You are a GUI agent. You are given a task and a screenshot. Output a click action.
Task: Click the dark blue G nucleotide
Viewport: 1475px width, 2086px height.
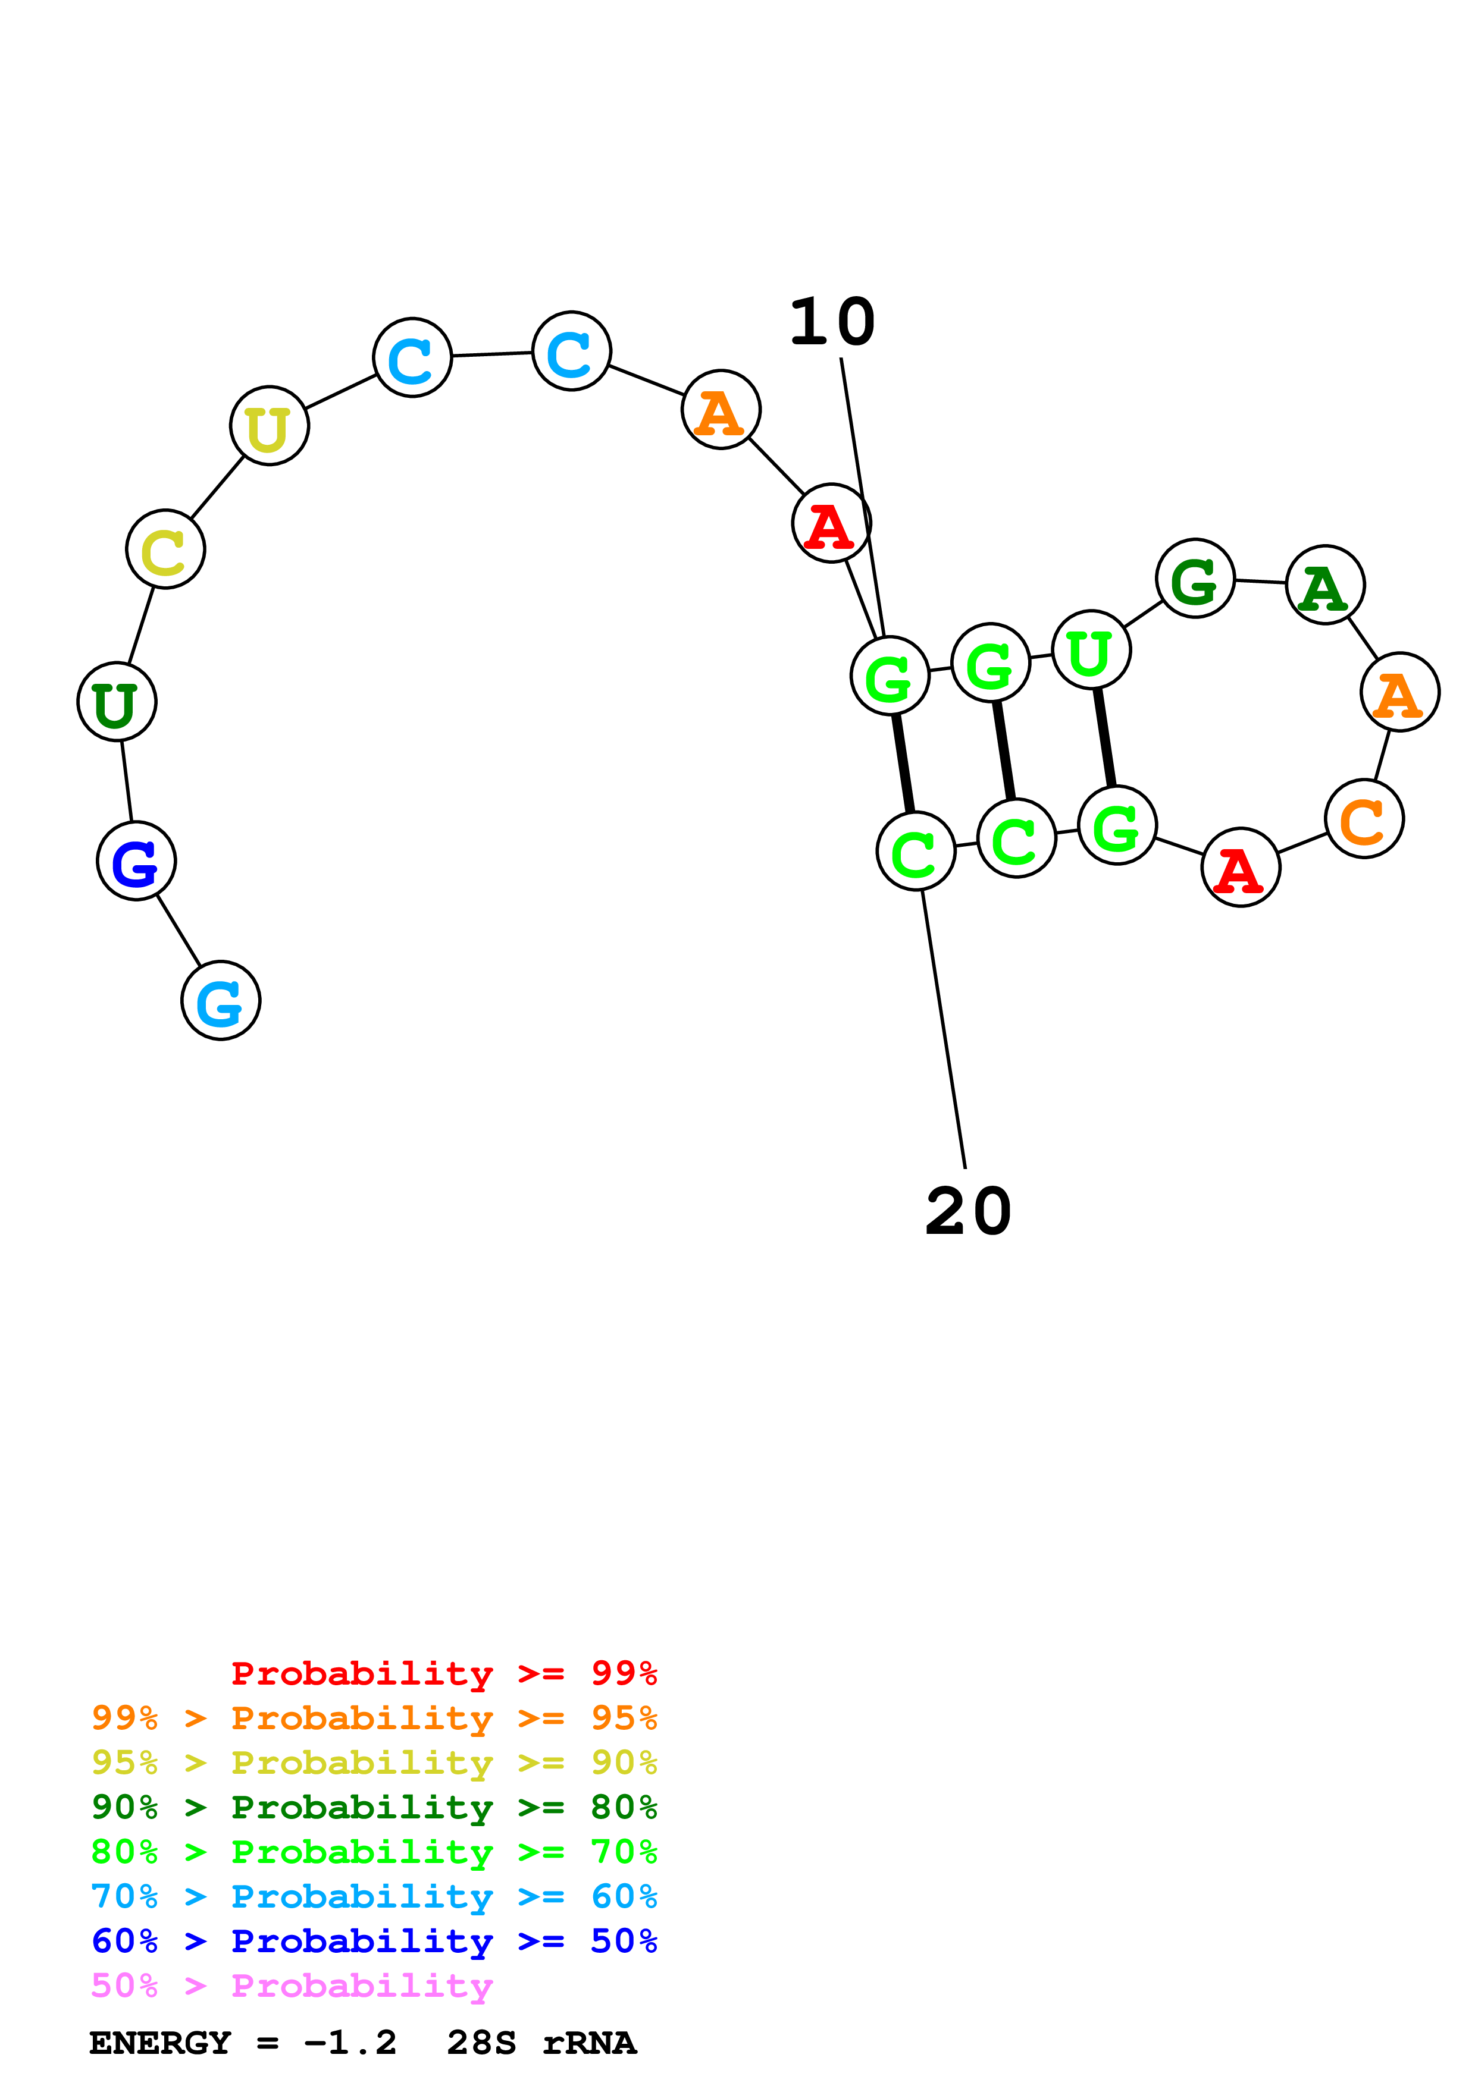136,860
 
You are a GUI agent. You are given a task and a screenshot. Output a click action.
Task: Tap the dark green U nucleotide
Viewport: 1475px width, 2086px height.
117,702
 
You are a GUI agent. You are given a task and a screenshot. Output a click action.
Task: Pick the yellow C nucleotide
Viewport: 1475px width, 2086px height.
165,549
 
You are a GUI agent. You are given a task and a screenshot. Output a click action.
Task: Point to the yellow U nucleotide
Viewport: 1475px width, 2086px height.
269,426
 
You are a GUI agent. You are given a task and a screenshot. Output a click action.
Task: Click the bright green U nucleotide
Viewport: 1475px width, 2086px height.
1091,651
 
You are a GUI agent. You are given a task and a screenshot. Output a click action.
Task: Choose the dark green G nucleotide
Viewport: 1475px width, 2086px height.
1195,579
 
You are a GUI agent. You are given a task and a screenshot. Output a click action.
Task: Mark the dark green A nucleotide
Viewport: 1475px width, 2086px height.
1325,585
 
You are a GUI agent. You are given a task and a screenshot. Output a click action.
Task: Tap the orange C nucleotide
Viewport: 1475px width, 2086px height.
1364,819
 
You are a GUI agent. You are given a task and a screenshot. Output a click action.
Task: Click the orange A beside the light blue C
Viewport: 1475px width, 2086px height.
721,410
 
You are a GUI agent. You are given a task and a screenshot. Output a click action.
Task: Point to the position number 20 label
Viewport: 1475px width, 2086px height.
968,1212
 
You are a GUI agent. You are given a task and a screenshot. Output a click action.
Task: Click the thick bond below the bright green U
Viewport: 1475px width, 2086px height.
1104,738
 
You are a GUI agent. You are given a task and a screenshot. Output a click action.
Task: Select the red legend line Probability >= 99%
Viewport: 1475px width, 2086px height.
443,1673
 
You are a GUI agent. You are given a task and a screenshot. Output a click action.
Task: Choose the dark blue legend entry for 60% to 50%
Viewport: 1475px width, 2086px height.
374,1941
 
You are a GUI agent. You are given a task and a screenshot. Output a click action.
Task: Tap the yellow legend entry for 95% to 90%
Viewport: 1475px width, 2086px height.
374,1763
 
